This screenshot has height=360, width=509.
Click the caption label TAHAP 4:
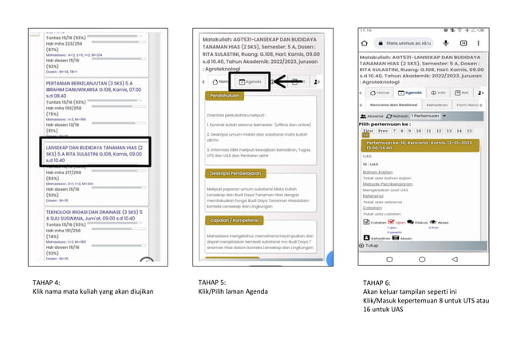click(x=45, y=283)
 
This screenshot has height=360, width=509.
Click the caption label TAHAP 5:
click(x=211, y=283)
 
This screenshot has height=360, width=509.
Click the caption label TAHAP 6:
click(x=377, y=283)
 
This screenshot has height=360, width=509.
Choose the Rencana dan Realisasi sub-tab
click(x=399, y=105)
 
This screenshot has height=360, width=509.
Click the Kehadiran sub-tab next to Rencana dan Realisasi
click(x=437, y=105)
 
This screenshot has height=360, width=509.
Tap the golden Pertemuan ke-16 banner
click(x=419, y=144)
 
